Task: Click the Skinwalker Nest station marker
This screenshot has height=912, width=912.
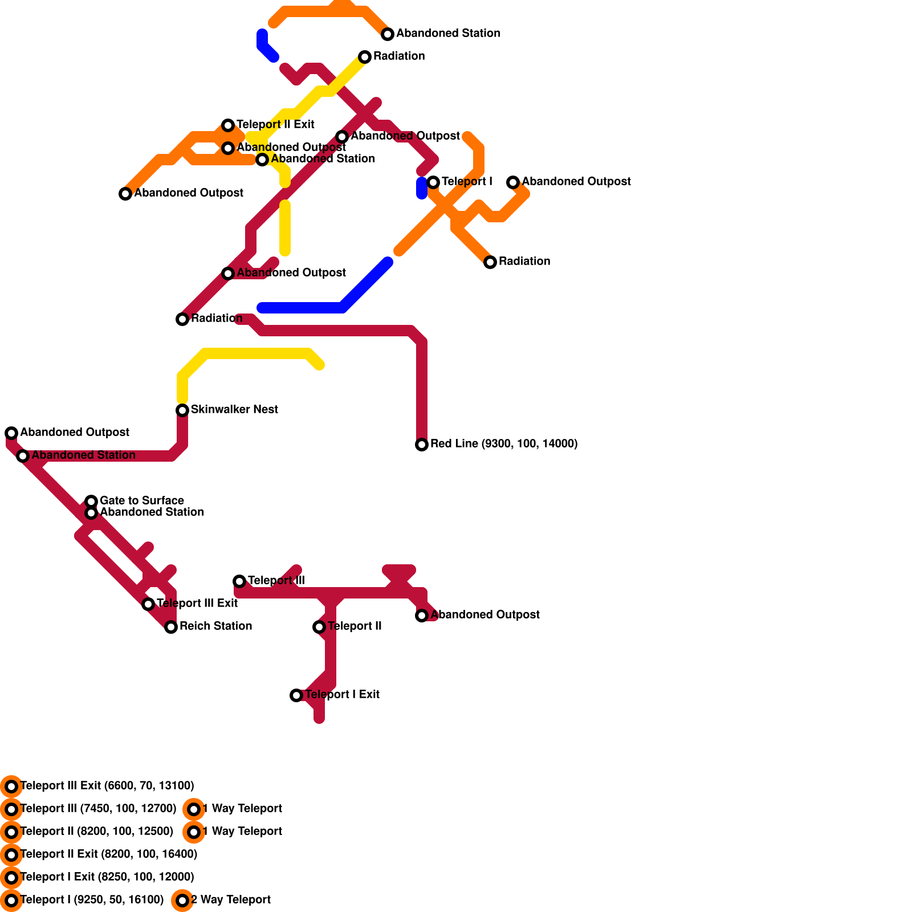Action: click(x=182, y=410)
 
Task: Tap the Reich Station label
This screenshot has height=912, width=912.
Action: click(x=215, y=626)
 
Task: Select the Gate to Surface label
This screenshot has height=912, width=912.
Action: click(x=141, y=501)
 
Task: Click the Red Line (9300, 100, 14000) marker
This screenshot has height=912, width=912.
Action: click(x=422, y=445)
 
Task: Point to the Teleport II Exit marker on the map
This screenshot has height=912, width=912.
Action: click(x=228, y=125)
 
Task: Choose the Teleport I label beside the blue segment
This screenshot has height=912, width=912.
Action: click(x=467, y=182)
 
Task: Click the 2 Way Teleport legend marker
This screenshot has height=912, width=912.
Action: click(x=182, y=901)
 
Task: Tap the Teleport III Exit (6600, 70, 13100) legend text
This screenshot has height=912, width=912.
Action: click(x=107, y=786)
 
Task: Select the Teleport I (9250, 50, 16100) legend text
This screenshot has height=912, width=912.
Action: click(x=92, y=900)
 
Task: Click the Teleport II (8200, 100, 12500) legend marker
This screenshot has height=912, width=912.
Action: click(x=11, y=832)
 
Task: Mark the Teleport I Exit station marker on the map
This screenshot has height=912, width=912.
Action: click(x=296, y=695)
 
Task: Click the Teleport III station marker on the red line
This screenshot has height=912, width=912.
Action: click(x=239, y=581)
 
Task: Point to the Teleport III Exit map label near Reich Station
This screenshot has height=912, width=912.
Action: click(x=197, y=604)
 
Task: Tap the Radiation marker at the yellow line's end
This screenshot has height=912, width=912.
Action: click(x=365, y=57)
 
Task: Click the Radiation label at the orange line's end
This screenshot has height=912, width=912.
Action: click(x=524, y=262)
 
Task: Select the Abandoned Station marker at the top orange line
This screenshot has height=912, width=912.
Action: click(x=388, y=34)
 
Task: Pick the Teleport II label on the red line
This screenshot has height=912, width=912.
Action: click(x=355, y=626)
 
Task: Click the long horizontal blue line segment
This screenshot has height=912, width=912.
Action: click(x=302, y=308)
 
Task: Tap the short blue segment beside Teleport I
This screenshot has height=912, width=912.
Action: click(x=422, y=188)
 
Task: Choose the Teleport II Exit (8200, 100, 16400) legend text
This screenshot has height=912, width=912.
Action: click(x=109, y=854)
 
